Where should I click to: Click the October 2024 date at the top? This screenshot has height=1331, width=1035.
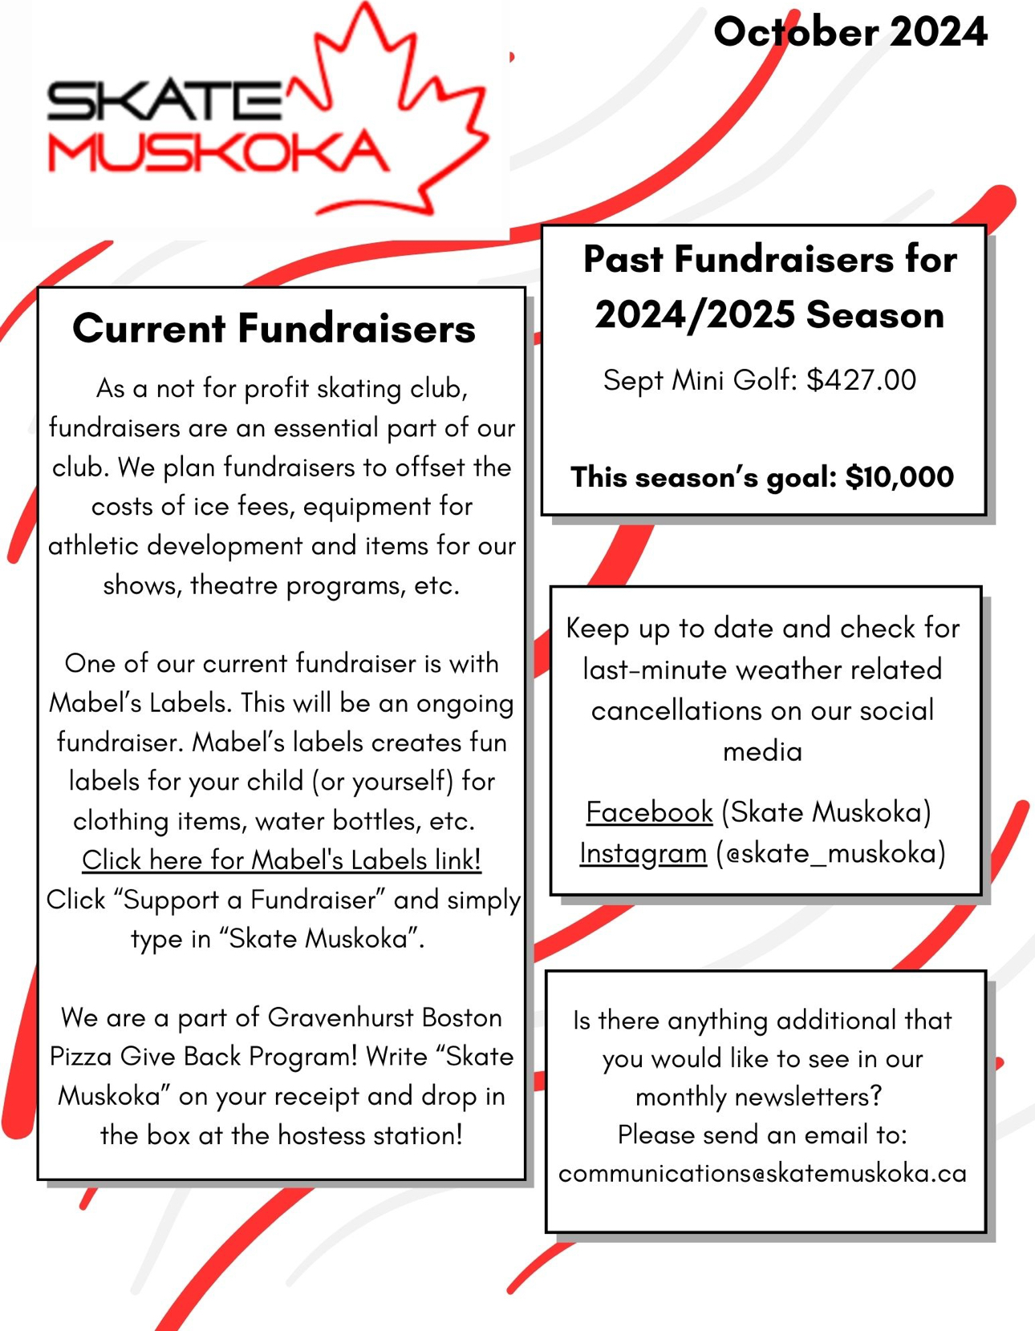click(x=850, y=33)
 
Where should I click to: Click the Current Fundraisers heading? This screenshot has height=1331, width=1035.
click(x=274, y=329)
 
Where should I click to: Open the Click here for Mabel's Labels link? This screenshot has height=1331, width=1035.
click(x=282, y=860)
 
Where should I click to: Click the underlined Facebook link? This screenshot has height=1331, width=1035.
click(x=649, y=812)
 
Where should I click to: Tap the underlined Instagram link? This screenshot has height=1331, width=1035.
click(x=643, y=853)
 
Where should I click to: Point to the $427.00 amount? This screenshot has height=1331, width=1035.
click(x=861, y=380)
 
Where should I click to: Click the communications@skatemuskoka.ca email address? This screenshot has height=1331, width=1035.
click(x=762, y=1173)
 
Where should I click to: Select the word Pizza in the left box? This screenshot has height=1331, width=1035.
click(x=81, y=1057)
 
